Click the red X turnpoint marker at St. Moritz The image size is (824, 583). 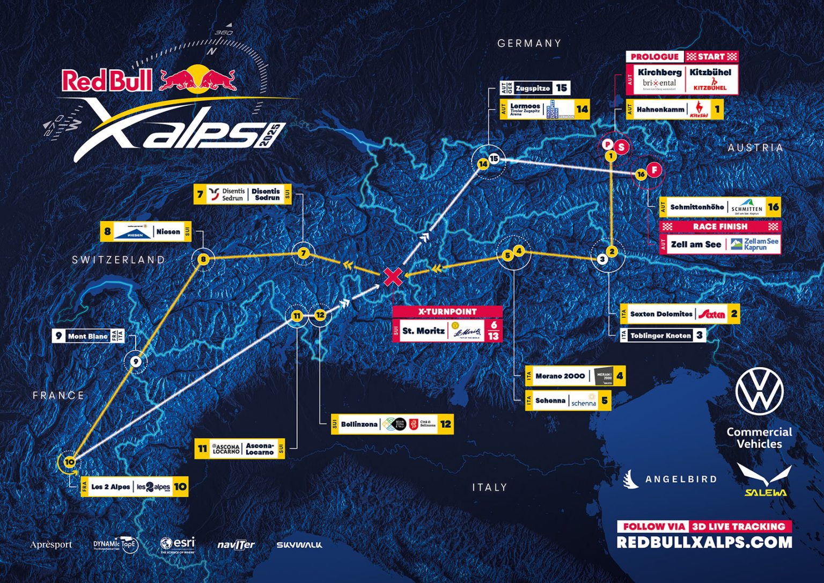coord(393,277)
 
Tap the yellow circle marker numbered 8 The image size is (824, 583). coord(203,260)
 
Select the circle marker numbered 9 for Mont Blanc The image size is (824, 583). coord(136,362)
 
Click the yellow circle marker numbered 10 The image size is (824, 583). coord(69,462)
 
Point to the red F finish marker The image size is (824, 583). coord(654,170)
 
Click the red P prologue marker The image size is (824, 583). coord(607,144)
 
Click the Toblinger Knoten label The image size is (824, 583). coord(663,336)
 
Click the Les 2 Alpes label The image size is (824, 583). coord(134,486)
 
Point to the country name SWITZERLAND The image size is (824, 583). coord(119,260)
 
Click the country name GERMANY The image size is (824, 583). coord(529,43)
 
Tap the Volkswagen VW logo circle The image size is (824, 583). coord(759,391)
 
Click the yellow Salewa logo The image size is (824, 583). coord(765,480)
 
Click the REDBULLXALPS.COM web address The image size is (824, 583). coord(704,542)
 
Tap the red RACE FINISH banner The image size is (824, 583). coord(720,227)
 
